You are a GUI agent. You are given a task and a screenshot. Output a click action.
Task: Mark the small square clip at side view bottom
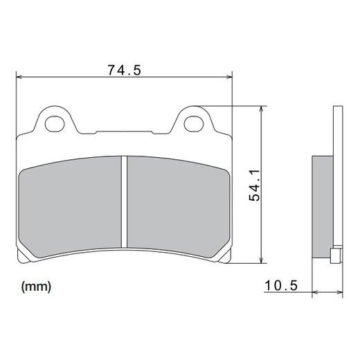[336, 258]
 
